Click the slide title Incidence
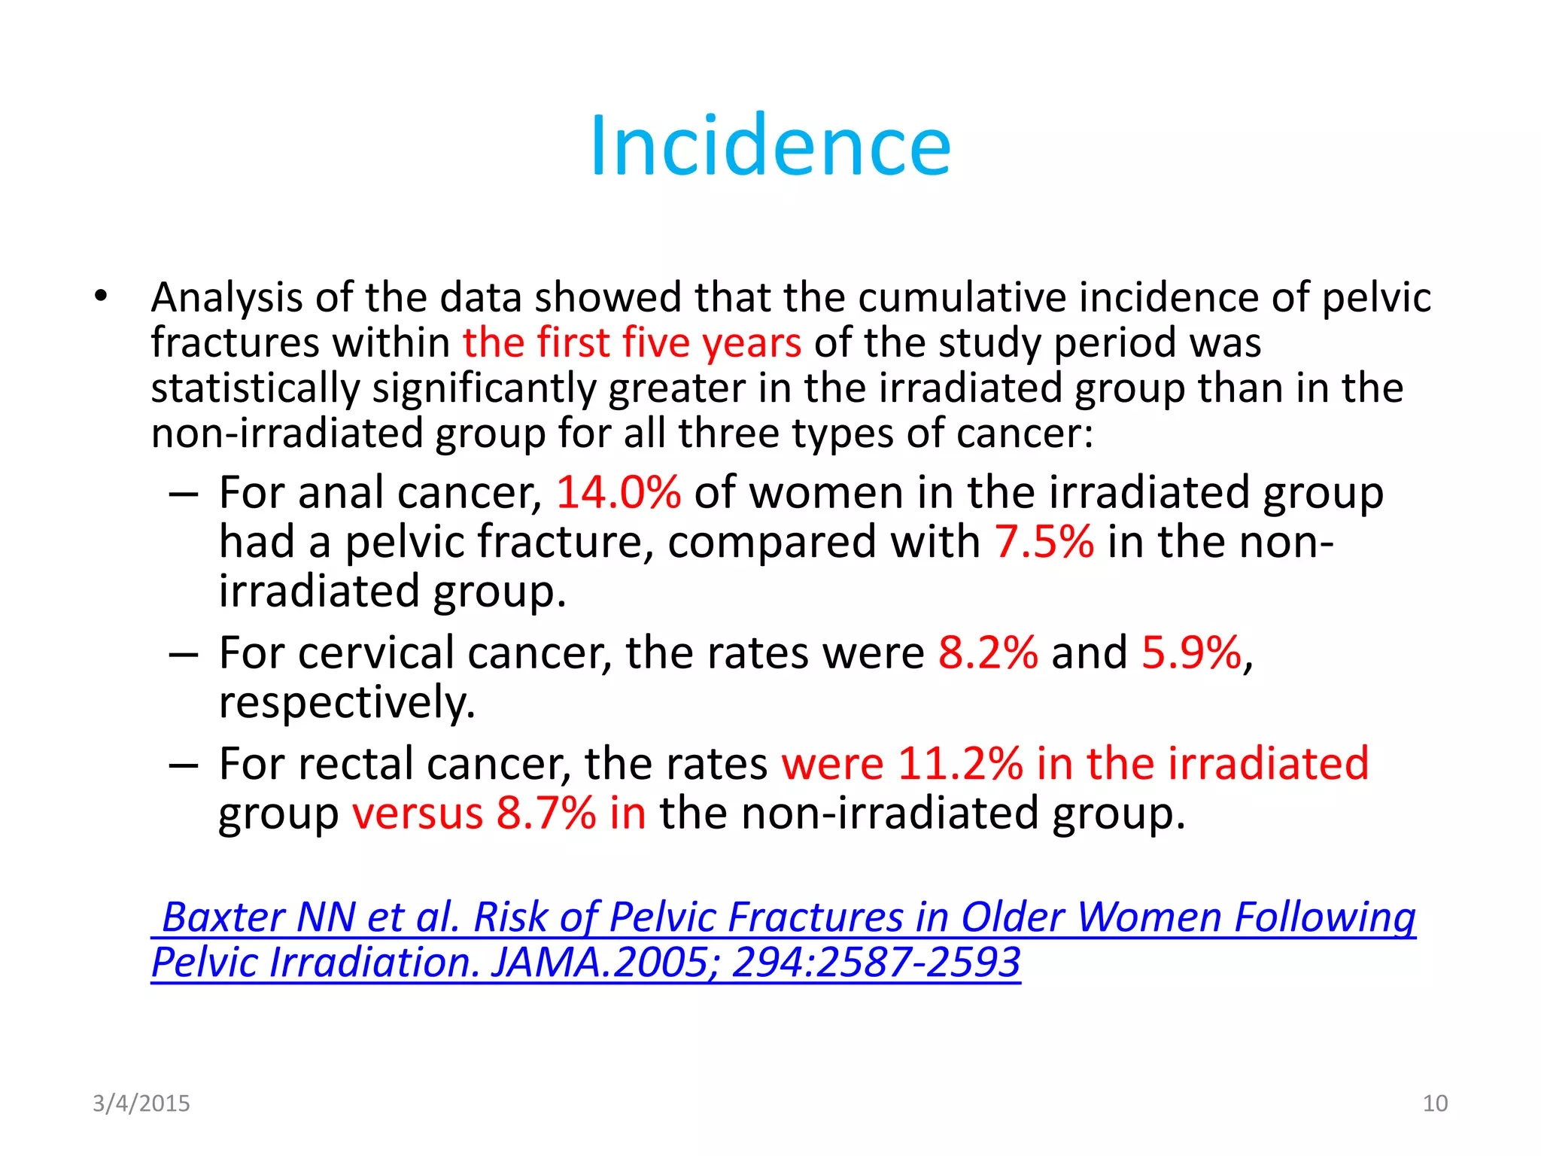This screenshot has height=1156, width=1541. (770, 146)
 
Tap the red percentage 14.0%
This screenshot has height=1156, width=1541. (619, 493)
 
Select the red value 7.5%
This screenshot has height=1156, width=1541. (1044, 542)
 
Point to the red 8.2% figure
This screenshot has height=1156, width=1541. (988, 653)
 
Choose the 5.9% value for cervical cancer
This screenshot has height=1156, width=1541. (1191, 653)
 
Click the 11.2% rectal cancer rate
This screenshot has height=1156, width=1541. (960, 764)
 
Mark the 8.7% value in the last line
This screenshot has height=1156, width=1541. (546, 814)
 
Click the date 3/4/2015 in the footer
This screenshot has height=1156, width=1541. (141, 1103)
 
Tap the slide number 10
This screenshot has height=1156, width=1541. (1435, 1103)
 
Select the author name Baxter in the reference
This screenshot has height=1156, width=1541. (223, 917)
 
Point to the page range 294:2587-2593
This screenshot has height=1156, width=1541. (876, 963)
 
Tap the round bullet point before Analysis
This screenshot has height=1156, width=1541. (102, 296)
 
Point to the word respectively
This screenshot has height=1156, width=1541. (347, 703)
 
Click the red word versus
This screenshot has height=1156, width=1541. (418, 814)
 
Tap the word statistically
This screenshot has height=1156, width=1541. (255, 389)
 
